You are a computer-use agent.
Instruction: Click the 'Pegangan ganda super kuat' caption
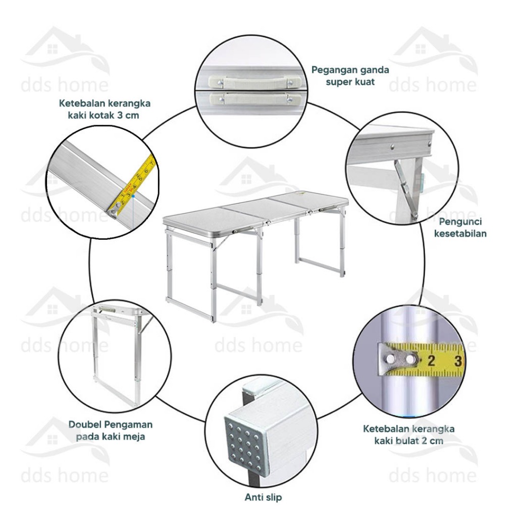(350, 76)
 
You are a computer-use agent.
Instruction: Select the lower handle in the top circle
(255, 98)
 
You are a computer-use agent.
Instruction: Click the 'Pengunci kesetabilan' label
(460, 228)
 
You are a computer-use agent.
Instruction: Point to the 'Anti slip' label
(263, 497)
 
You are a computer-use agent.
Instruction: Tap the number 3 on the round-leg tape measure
(457, 360)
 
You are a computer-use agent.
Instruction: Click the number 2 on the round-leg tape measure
(431, 361)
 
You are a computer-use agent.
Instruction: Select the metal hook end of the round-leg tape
(398, 359)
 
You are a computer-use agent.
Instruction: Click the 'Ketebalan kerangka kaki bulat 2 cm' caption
(409, 435)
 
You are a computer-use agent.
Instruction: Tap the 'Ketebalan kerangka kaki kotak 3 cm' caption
(105, 109)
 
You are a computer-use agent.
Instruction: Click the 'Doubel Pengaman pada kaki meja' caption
(111, 430)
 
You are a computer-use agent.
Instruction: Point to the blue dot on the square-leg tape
(133, 196)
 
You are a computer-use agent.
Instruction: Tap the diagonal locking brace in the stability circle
(405, 188)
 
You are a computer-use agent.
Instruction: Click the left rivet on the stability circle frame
(392, 146)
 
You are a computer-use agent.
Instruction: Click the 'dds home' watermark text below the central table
(258, 345)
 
